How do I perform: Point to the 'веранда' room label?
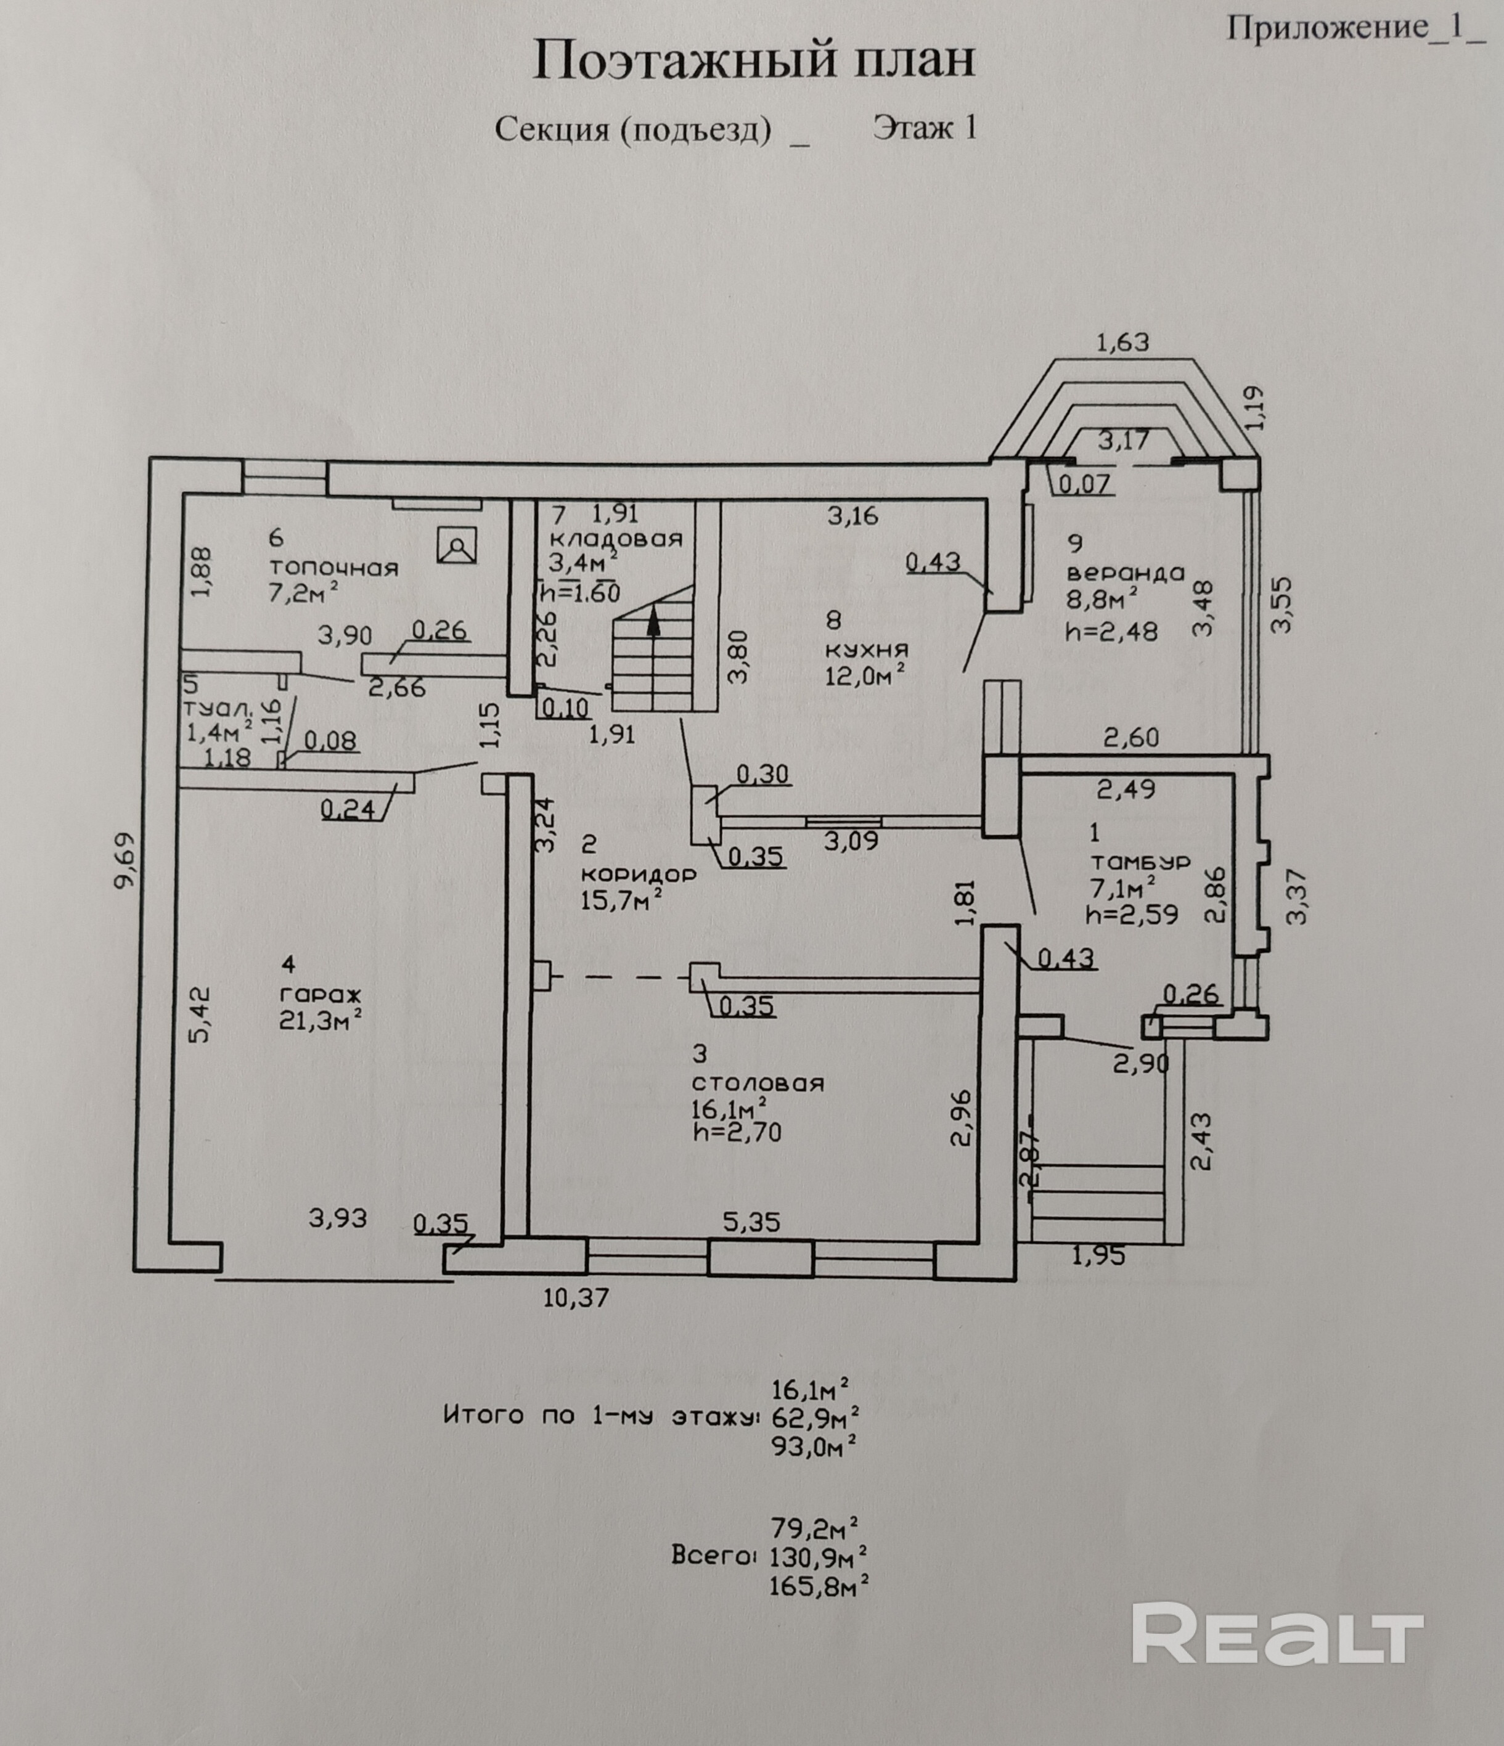pyautogui.click(x=1125, y=573)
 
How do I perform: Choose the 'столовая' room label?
pyautogui.click(x=757, y=1083)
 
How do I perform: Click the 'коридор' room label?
pyautogui.click(x=638, y=874)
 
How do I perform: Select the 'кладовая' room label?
pyautogui.click(x=616, y=539)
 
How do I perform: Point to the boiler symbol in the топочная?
pyautogui.click(x=457, y=546)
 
